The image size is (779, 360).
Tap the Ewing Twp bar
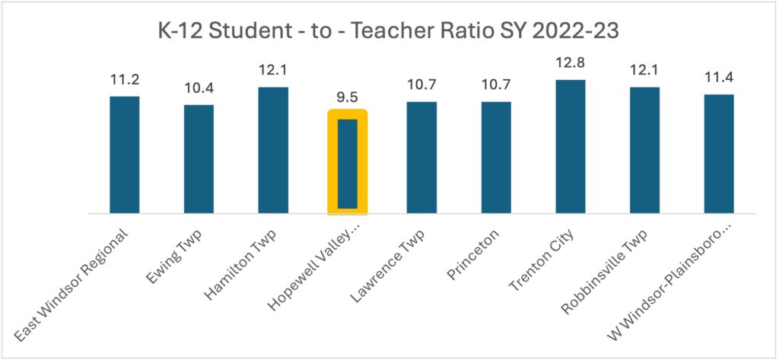pos(199,159)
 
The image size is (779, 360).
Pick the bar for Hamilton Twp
pos(273,150)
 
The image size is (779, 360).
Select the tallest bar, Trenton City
pos(571,146)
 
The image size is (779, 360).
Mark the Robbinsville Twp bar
pos(645,150)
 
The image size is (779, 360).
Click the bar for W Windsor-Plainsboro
pos(719,154)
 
